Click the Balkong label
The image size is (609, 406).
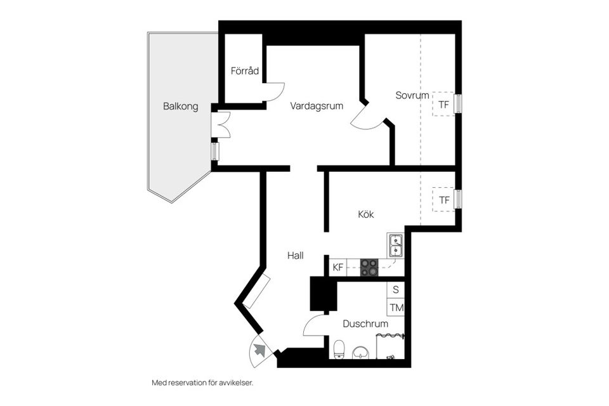(x=180, y=107)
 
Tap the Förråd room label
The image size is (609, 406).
(x=244, y=71)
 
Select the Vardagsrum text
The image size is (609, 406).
(x=317, y=106)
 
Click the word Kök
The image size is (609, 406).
(x=365, y=214)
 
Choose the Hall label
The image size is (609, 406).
(x=295, y=256)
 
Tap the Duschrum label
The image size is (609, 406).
(x=365, y=324)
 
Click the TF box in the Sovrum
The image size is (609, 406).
(x=443, y=104)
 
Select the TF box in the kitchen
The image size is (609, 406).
(x=444, y=200)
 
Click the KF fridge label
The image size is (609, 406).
(x=338, y=268)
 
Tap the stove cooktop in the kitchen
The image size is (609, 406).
(x=369, y=268)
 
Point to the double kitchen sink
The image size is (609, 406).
(x=396, y=245)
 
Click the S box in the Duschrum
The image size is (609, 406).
(x=396, y=290)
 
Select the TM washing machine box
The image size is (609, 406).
(x=396, y=308)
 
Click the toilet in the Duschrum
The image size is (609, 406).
(x=339, y=349)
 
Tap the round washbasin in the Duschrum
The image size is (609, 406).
(x=362, y=352)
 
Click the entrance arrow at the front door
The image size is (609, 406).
(x=259, y=349)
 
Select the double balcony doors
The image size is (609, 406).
(x=222, y=124)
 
